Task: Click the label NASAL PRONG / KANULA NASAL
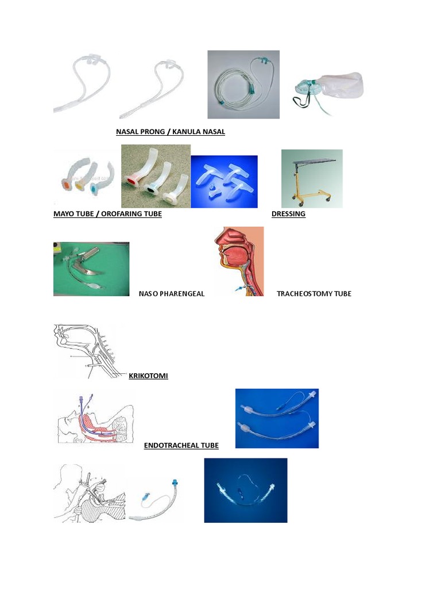[171, 132]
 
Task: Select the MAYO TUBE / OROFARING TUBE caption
[107, 214]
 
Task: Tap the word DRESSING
[288, 214]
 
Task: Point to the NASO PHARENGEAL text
[172, 294]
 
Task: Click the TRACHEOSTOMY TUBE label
[314, 294]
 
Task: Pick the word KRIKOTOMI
[148, 376]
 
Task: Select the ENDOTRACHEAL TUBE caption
[181, 445]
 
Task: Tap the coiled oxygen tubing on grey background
[243, 85]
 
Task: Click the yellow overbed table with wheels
[311, 178]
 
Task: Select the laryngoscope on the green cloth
[91, 269]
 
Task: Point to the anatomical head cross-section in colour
[239, 261]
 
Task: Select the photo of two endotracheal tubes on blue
[277, 418]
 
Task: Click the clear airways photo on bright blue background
[224, 181]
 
